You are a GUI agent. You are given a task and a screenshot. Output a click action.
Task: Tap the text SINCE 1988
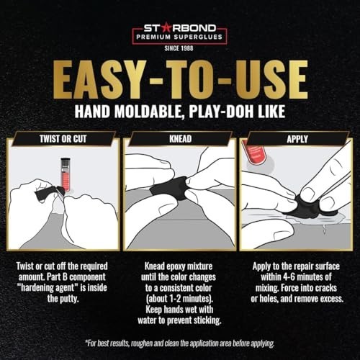click(179, 48)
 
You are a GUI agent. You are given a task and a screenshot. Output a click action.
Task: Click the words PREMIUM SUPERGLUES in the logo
click(179, 37)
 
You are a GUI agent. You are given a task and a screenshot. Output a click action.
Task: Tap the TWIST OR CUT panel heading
click(63, 139)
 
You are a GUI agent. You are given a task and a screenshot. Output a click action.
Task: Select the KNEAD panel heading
click(181, 139)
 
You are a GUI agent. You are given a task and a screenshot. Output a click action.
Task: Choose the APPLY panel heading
click(297, 139)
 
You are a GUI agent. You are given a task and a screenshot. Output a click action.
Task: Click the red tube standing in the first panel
click(65, 174)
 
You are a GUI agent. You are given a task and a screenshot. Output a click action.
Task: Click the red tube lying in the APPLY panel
click(253, 153)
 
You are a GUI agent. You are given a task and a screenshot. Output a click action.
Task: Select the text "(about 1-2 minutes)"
click(179, 299)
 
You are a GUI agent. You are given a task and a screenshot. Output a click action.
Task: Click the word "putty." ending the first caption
click(71, 299)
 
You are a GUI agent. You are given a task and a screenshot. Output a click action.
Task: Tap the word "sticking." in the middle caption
click(207, 320)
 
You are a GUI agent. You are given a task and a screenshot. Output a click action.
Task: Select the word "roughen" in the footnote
click(142, 343)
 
